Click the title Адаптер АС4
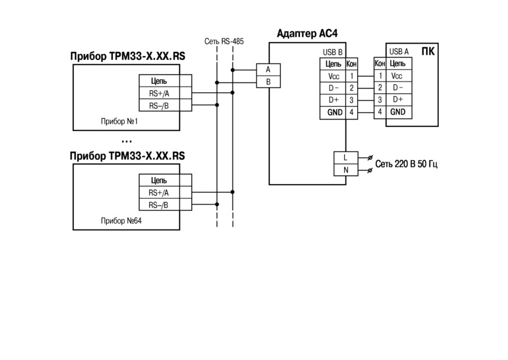click(307, 34)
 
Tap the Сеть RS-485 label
click(224, 41)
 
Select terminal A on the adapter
click(268, 70)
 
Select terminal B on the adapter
click(268, 82)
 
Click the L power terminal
click(345, 158)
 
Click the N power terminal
click(345, 170)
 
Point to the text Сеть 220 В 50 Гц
click(406, 164)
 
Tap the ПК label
click(428, 51)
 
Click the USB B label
click(333, 52)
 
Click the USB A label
click(399, 51)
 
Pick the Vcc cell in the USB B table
click(333, 76)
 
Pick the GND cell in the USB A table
click(399, 112)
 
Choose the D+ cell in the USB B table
click(333, 100)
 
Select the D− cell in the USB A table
click(399, 87)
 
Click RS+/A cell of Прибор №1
click(159, 93)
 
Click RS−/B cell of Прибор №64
click(158, 205)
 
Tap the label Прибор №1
click(119, 122)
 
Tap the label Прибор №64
click(121, 221)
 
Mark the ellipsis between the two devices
click(126, 142)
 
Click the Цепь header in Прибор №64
click(158, 181)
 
